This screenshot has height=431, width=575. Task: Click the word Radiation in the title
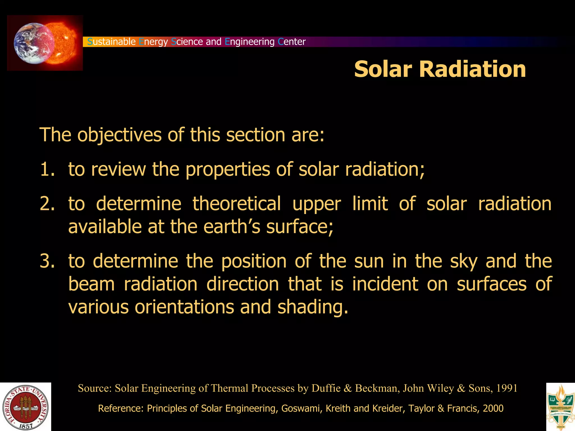click(x=472, y=69)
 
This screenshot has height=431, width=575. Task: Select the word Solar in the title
click(x=383, y=69)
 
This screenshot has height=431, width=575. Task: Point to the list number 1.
click(x=47, y=169)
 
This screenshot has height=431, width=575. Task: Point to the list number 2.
click(x=47, y=204)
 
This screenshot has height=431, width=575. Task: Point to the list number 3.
click(x=47, y=261)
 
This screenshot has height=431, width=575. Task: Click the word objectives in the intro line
click(x=119, y=135)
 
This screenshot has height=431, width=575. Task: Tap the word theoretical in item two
click(x=236, y=204)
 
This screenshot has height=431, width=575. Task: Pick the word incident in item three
click(x=385, y=284)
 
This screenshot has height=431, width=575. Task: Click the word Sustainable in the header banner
click(x=111, y=42)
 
